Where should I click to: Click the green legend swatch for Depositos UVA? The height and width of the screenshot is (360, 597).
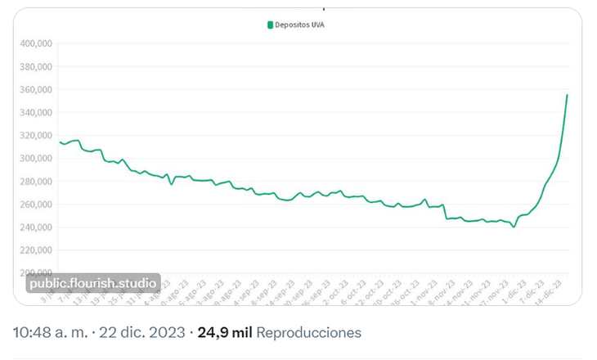click(270, 25)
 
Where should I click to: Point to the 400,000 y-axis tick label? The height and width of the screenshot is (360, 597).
click(36, 43)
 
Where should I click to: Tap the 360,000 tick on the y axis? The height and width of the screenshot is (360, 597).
click(36, 89)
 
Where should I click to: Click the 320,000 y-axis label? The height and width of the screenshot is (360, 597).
click(36, 135)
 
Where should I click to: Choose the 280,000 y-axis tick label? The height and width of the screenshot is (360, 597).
click(36, 181)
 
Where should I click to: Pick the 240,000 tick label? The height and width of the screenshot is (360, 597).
click(36, 227)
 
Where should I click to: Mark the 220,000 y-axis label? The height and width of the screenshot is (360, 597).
click(36, 250)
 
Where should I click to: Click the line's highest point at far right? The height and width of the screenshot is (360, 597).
click(567, 95)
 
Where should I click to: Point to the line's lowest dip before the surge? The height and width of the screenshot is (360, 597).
click(514, 227)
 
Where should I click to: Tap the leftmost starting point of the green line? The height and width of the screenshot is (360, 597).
click(60, 142)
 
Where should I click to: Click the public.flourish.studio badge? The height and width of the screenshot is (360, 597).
click(92, 284)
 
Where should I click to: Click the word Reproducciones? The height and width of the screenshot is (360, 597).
click(309, 333)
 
